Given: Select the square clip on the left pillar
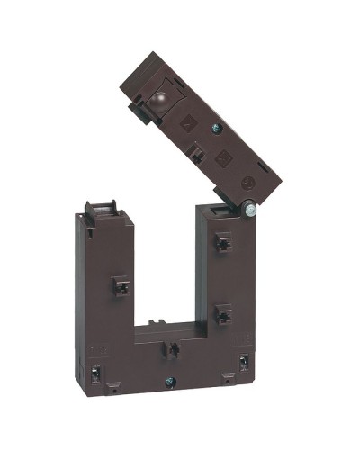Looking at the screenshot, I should click(x=120, y=286).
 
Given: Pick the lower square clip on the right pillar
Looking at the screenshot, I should click(x=222, y=314).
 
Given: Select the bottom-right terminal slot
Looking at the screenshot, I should click(x=243, y=365).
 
